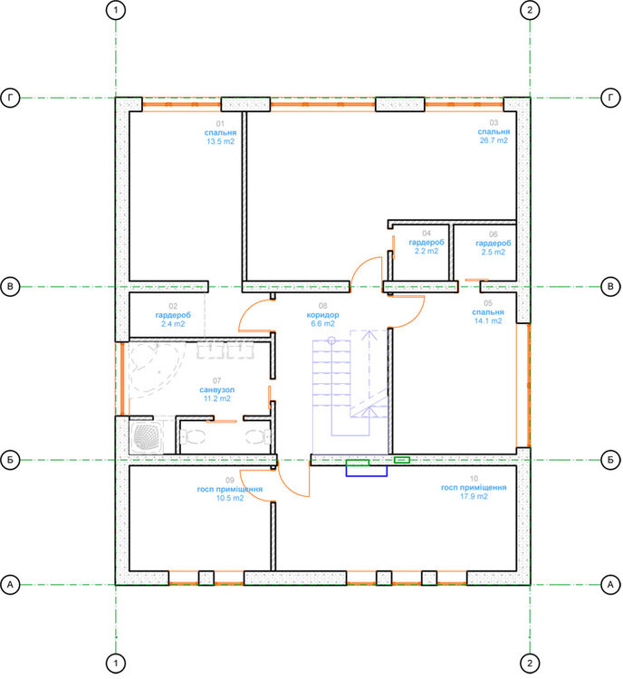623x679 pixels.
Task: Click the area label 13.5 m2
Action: [x=221, y=141]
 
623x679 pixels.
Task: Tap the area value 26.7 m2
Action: [x=494, y=140]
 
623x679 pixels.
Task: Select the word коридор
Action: [x=322, y=315]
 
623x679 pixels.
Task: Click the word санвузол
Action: [x=217, y=389]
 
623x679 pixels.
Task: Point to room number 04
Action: [x=427, y=234]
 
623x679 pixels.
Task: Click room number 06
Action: [x=493, y=234]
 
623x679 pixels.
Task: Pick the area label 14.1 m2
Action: [x=488, y=320]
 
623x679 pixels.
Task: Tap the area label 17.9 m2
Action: [x=474, y=496]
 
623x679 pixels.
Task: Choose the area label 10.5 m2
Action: [x=230, y=498]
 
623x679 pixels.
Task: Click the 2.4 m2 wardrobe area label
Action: [x=173, y=324]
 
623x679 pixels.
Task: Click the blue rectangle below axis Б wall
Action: [x=366, y=471]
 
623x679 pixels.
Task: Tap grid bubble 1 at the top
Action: [x=116, y=10]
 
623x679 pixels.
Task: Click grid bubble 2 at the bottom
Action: [x=530, y=663]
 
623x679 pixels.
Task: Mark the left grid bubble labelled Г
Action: [x=10, y=98]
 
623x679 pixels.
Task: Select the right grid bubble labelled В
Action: [x=610, y=287]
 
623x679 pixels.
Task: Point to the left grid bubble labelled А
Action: [x=10, y=585]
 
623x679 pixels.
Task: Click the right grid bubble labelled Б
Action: [x=610, y=460]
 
